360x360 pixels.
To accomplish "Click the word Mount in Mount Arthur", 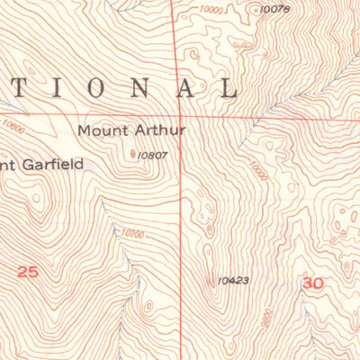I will (x=100, y=130).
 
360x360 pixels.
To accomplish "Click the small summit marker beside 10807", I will (x=136, y=154).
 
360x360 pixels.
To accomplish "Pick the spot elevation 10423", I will (x=232, y=280).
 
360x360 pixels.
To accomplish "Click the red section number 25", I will (x=29, y=269).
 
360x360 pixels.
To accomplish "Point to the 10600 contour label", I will (x=13, y=128).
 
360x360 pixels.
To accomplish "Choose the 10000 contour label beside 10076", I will (x=213, y=8).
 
